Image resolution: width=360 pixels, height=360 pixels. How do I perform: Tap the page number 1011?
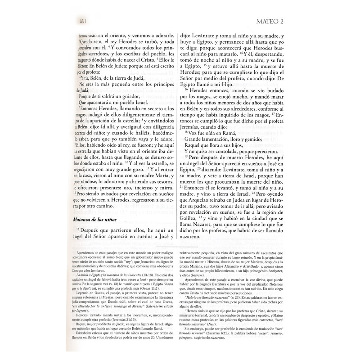(x=83, y=21)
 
